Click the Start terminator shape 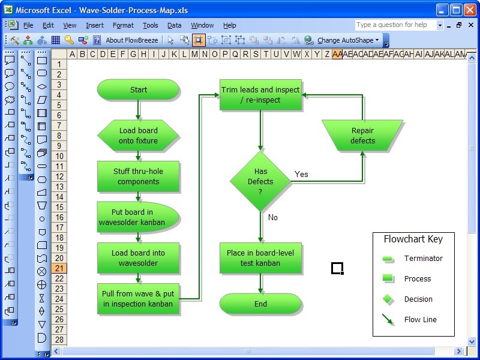(138, 90)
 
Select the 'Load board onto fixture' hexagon (138, 136)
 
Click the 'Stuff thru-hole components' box (138, 176)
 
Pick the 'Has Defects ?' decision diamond (260, 181)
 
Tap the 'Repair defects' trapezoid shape (362, 136)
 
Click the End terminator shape (260, 304)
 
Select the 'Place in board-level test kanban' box (260, 258)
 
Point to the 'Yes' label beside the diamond (301, 174)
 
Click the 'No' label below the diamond (273, 217)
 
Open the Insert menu (94, 25)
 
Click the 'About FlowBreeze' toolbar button (131, 40)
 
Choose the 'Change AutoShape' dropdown (348, 40)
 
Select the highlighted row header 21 (59, 268)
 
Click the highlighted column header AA (337, 54)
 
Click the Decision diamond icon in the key (388, 299)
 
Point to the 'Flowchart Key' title (413, 239)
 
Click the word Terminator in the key (423, 259)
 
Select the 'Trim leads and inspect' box (260, 95)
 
